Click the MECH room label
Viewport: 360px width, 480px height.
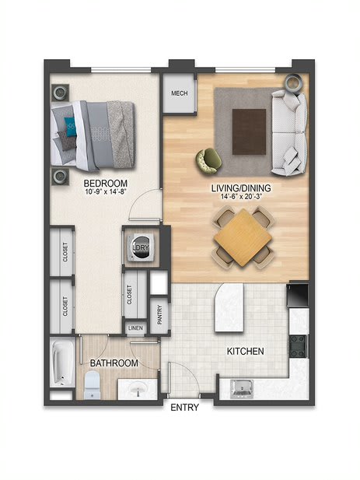pos(180,93)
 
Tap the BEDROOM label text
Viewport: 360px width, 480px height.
pos(106,184)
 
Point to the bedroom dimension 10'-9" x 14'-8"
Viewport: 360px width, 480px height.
pos(106,192)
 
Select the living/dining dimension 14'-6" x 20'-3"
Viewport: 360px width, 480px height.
pos(241,197)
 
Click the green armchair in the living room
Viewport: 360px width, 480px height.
pos(209,161)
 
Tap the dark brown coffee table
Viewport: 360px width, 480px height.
pos(249,131)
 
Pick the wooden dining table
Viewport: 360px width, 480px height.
pos(243,237)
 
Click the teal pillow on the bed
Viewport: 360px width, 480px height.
pos(70,127)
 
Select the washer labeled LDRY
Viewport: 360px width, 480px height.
pos(141,247)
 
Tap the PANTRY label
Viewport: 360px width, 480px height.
pos(159,315)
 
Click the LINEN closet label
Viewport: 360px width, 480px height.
pos(135,328)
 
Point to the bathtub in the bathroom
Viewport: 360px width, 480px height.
pos(63,363)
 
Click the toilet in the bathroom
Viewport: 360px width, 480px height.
pos(92,385)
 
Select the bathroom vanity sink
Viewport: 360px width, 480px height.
pos(139,389)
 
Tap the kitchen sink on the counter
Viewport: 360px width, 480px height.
pos(242,389)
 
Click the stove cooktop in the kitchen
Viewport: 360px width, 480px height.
pos(298,346)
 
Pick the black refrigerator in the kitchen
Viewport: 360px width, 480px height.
pos(298,296)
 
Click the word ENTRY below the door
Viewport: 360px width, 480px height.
pos(185,408)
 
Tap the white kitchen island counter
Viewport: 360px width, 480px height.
pos(229,307)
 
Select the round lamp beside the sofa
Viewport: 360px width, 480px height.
pos(293,82)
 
